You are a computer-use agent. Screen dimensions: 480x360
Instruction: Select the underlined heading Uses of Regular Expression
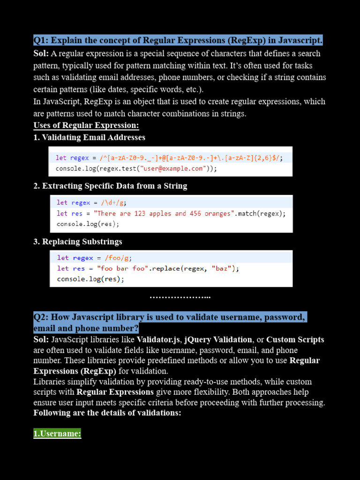coord(86,126)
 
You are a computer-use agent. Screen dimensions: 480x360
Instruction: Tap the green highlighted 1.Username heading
coord(57,434)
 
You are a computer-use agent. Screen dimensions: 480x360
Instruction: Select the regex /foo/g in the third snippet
coord(114,258)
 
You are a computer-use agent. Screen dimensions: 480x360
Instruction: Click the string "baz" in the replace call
coord(221,269)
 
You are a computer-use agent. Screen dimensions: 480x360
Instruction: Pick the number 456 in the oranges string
coord(195,213)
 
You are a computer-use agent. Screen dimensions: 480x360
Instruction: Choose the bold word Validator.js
coord(158,339)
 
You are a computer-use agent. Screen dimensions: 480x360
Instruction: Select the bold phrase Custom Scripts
coord(295,339)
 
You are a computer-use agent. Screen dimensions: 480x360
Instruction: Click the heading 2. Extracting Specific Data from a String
coord(110,186)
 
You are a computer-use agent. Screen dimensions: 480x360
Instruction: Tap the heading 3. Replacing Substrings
coord(78,242)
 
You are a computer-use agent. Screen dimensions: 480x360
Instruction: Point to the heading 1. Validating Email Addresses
coord(90,137)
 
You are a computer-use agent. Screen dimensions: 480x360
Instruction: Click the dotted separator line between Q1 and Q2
coord(180,297)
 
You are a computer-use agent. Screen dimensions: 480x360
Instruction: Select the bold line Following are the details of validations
coord(107,413)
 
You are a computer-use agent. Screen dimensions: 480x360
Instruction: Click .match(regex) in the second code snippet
coord(260,213)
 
